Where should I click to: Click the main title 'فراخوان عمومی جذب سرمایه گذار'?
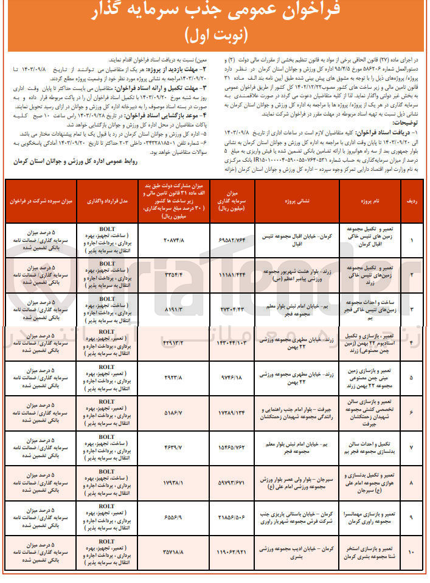[x=215, y=12]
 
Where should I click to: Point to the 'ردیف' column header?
[x=412, y=201]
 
